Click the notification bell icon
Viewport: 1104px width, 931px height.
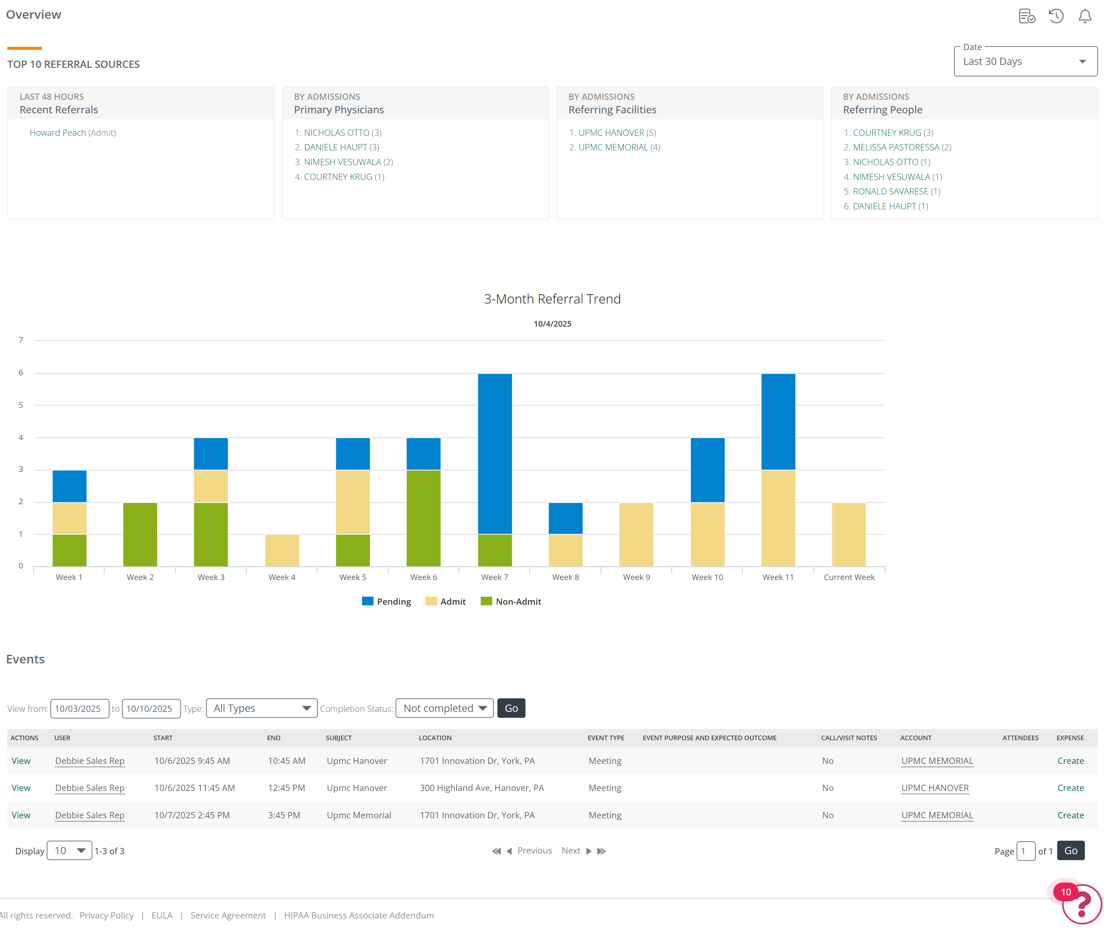[x=1085, y=16]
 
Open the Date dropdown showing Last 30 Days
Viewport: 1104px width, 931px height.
[x=1025, y=61]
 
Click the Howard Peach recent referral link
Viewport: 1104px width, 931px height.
[x=58, y=132]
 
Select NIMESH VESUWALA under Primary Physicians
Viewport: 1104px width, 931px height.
[x=342, y=162]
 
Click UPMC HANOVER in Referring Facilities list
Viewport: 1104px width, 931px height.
[x=611, y=132]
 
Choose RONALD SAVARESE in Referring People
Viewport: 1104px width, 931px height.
[x=890, y=191]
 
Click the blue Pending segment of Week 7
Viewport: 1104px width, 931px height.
[x=495, y=454]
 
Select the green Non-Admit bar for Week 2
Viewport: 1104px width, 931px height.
[x=140, y=534]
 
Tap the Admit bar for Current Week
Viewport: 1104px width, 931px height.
[x=849, y=534]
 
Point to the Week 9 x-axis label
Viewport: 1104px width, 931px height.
[x=636, y=577]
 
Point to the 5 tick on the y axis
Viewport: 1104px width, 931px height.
[x=21, y=405]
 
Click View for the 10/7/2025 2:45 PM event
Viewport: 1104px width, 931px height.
[x=21, y=815]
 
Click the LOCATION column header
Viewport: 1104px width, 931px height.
[x=435, y=738]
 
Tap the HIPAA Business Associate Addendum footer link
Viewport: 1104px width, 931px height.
[x=359, y=915]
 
